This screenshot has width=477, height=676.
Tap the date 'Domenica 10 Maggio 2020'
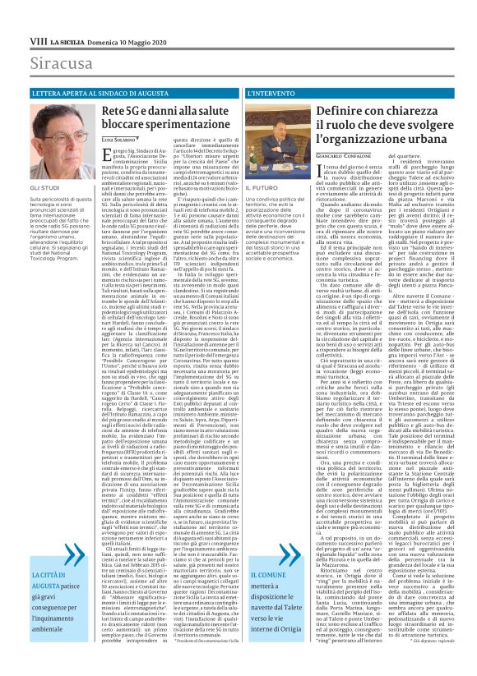pos(125,40)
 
